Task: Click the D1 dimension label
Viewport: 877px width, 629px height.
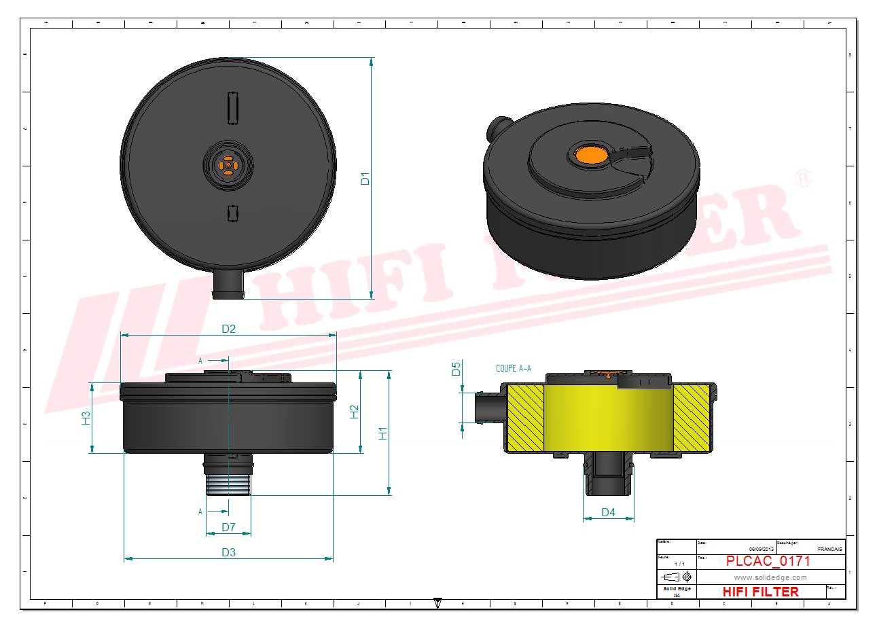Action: tap(365, 179)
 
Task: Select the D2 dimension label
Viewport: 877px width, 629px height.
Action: tap(228, 329)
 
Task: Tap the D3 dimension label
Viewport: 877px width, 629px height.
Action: tap(228, 552)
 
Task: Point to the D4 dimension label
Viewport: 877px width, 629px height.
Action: tap(608, 512)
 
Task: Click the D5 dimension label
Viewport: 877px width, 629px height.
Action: tap(456, 369)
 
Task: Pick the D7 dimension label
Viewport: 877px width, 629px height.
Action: tap(228, 527)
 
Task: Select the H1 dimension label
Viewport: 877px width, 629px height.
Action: tap(382, 433)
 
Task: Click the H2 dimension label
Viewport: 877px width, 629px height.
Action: tap(354, 412)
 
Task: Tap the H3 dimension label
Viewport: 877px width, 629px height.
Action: tap(86, 418)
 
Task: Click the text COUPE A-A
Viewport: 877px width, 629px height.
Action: tap(514, 369)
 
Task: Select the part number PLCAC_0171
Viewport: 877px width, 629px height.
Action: tap(768, 561)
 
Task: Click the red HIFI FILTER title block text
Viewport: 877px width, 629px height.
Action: tap(760, 592)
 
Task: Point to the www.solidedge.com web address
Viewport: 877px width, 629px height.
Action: tap(770, 577)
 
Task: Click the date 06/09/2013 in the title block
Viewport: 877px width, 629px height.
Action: tap(761, 549)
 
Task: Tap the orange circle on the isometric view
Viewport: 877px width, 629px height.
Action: tap(590, 154)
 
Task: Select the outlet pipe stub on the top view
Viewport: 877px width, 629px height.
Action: tap(228, 285)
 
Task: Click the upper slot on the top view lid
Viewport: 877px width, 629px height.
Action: tap(232, 108)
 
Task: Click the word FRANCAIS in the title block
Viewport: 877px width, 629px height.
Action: tap(829, 549)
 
